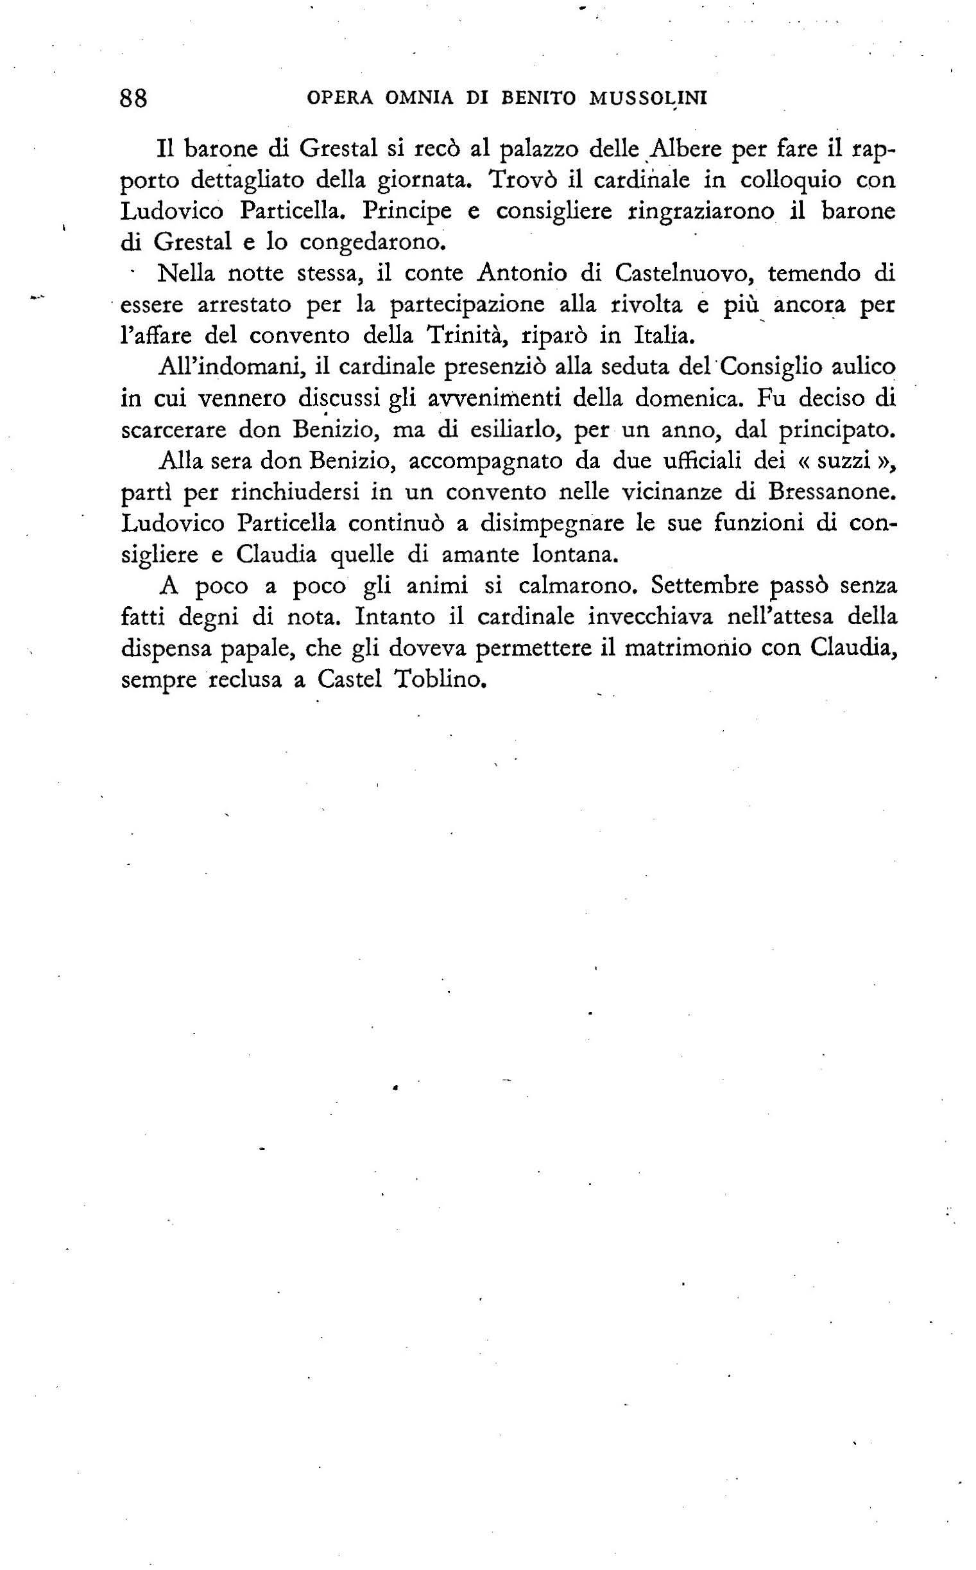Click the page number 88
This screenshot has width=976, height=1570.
click(134, 98)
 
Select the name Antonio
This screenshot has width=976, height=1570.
click(524, 273)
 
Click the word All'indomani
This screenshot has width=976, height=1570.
click(232, 367)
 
